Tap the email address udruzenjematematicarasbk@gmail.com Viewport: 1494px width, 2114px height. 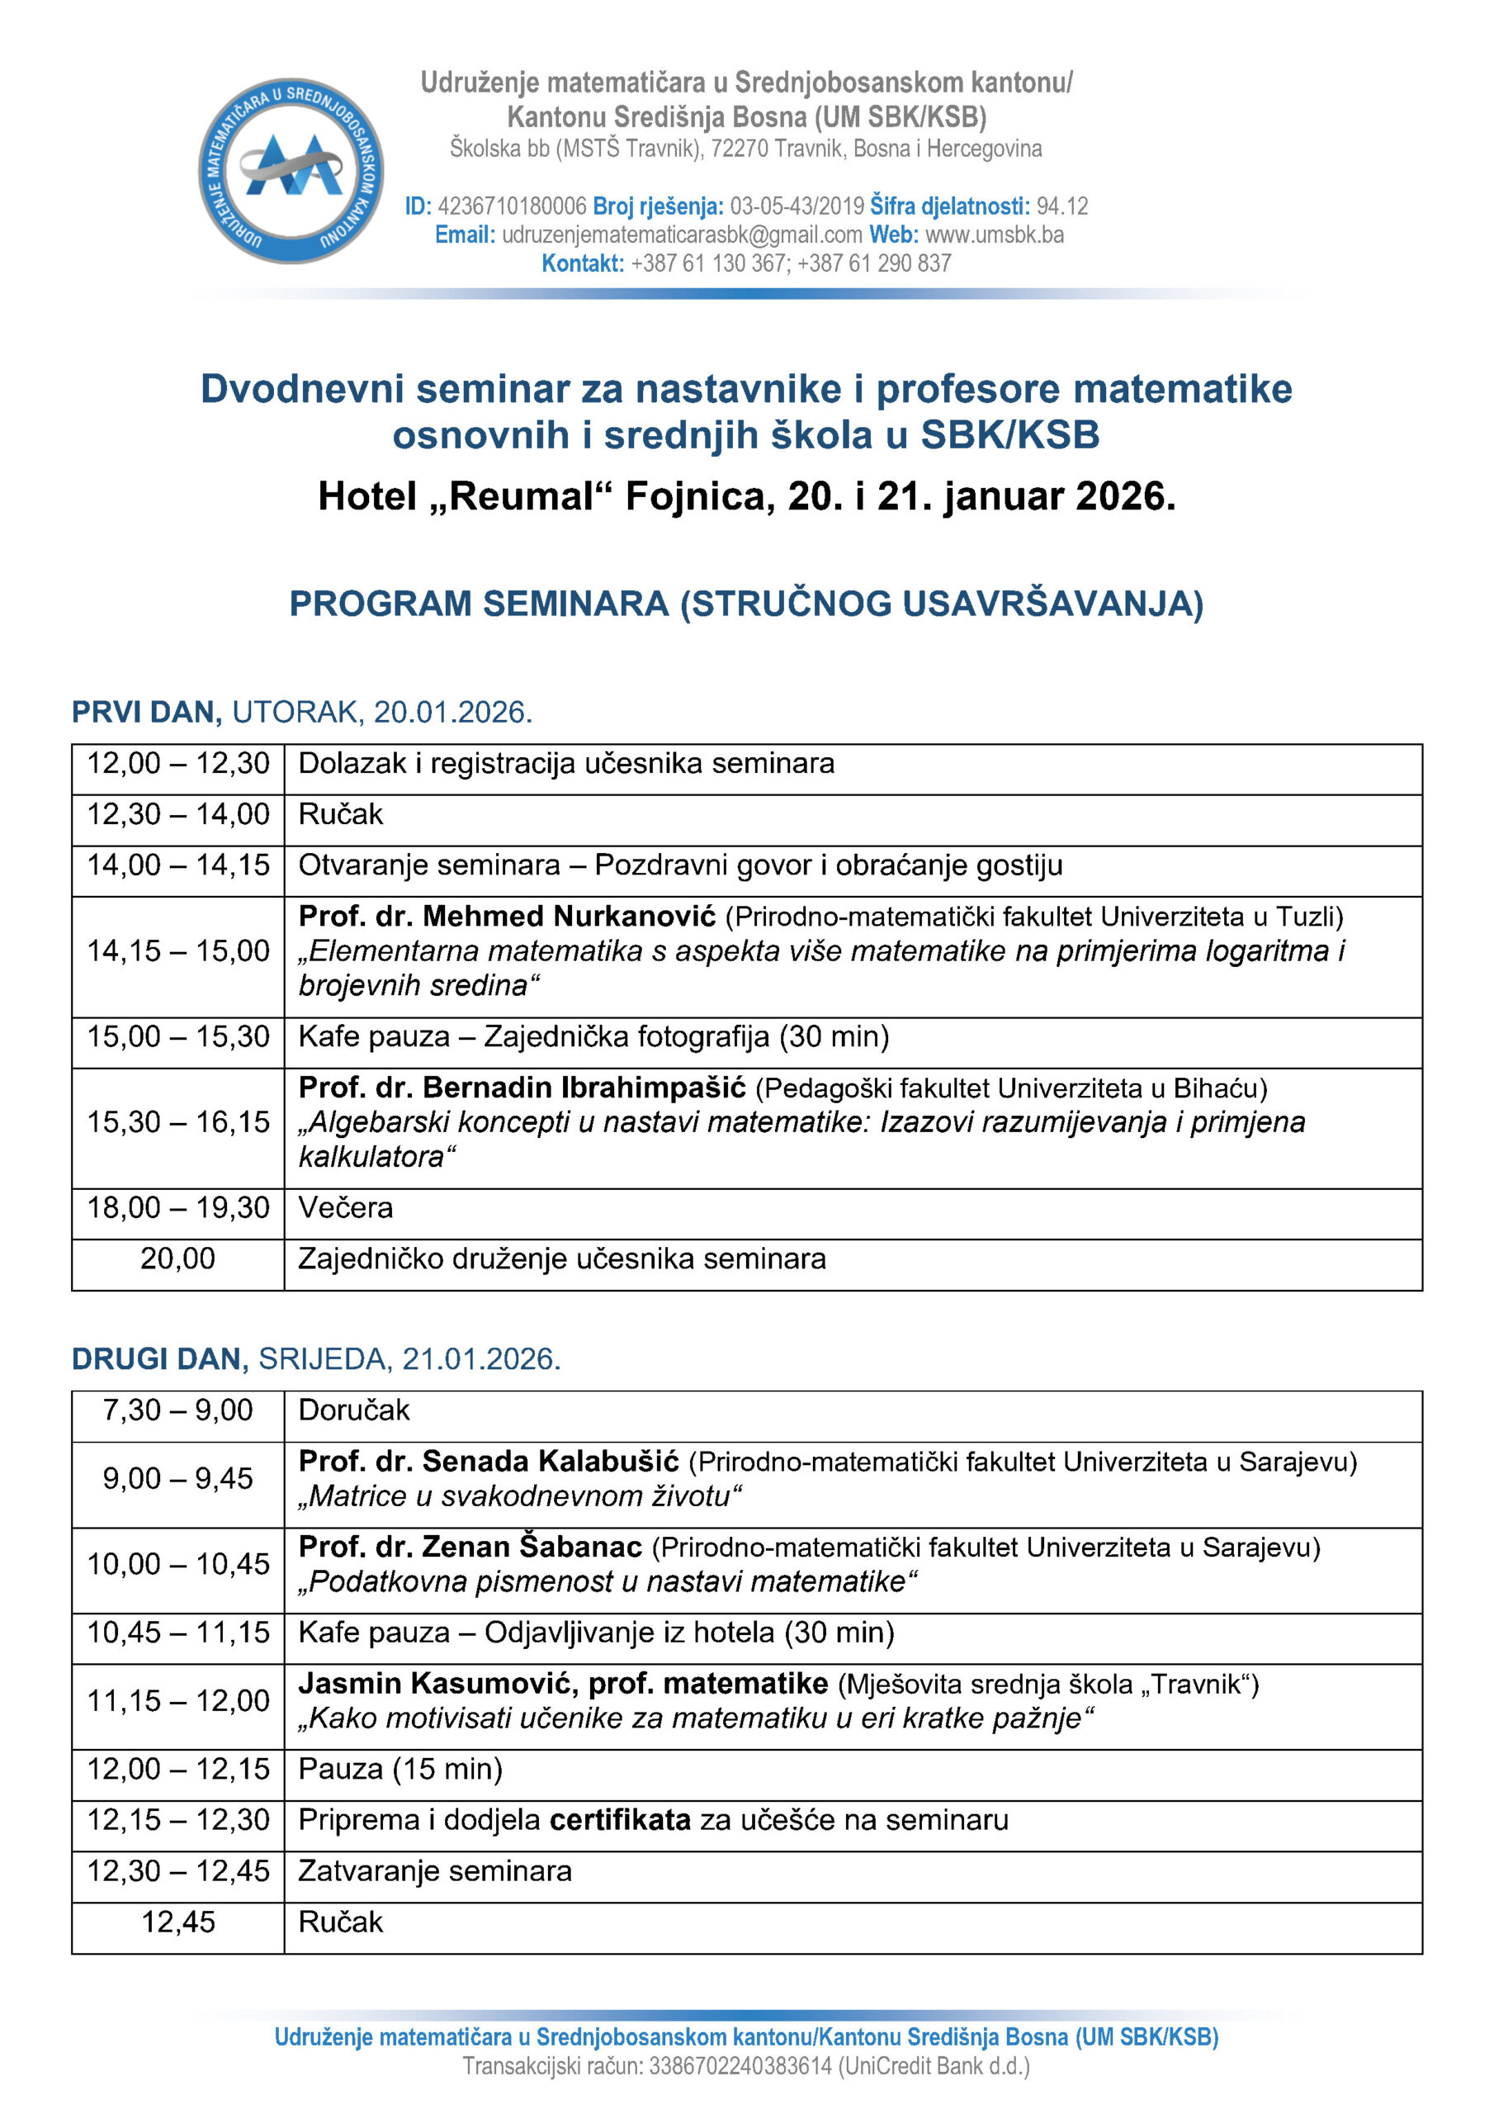(681, 235)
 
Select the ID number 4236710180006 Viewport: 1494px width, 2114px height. (512, 206)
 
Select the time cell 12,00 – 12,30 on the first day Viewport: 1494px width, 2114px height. (177, 763)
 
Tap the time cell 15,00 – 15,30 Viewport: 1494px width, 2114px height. (177, 1036)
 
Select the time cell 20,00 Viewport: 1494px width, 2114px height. (177, 1258)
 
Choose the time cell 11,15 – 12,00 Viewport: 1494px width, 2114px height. (177, 1699)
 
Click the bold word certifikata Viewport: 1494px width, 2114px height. (620, 1819)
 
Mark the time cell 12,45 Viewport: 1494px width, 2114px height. (177, 1922)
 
